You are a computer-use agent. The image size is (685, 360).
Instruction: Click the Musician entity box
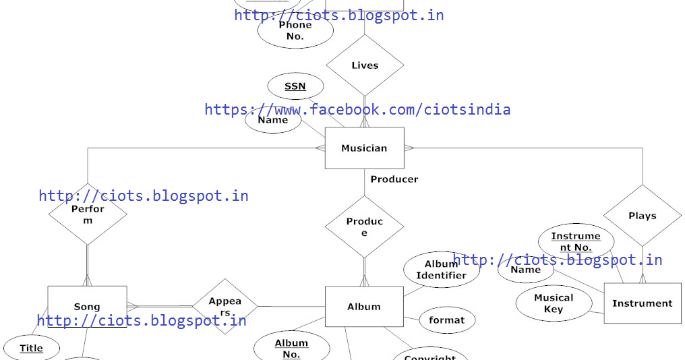pyautogui.click(x=364, y=148)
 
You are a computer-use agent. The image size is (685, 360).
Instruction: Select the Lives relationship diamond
pyautogui.click(x=365, y=65)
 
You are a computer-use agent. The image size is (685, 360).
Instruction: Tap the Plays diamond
pyautogui.click(x=642, y=216)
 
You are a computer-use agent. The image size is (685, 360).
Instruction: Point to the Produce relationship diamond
pyautogui.click(x=364, y=227)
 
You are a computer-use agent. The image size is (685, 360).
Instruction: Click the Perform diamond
pyautogui.click(x=88, y=214)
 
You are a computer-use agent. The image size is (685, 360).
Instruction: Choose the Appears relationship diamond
pyautogui.click(x=225, y=307)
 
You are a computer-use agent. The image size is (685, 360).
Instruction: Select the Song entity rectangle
pyautogui.click(x=87, y=307)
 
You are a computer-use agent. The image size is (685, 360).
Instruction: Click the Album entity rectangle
pyautogui.click(x=364, y=307)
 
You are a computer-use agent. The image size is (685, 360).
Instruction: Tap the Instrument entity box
pyautogui.click(x=642, y=303)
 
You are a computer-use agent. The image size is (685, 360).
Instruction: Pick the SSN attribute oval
pyautogui.click(x=295, y=86)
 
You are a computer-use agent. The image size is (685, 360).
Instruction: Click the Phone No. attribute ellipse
pyautogui.click(x=295, y=31)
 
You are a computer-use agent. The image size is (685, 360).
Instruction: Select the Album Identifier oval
pyautogui.click(x=441, y=270)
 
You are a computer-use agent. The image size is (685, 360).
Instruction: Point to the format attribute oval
pyautogui.click(x=446, y=320)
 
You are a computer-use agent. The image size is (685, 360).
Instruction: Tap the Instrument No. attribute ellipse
pyautogui.click(x=576, y=241)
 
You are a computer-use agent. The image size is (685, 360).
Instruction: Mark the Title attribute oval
pyautogui.click(x=31, y=349)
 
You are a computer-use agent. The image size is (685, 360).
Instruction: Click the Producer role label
pyautogui.click(x=394, y=179)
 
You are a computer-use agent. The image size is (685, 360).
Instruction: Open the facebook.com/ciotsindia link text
pyautogui.click(x=357, y=109)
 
